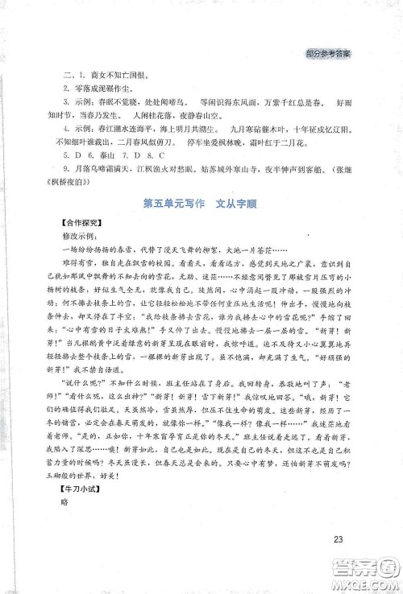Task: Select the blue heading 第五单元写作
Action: tap(169, 204)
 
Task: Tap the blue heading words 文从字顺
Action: tap(239, 204)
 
